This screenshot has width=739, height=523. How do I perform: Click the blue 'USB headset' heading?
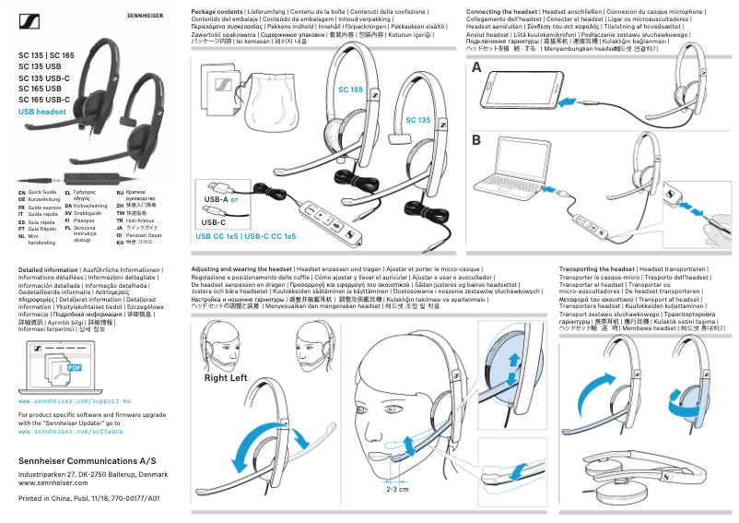[42, 111]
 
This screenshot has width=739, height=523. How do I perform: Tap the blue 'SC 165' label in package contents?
[350, 89]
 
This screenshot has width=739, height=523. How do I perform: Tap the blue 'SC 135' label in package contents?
[418, 120]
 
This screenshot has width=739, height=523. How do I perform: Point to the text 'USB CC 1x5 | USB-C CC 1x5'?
[245, 237]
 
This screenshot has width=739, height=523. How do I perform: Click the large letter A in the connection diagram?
[476, 69]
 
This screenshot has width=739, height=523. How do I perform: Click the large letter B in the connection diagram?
[476, 140]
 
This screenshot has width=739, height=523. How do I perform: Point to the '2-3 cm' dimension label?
[397, 489]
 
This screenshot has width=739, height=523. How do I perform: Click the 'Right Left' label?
[226, 378]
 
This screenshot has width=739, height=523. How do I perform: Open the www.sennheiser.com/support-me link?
[67, 403]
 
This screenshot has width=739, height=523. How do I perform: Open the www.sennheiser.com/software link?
[70, 431]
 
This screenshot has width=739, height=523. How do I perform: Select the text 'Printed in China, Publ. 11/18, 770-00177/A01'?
[89, 498]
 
